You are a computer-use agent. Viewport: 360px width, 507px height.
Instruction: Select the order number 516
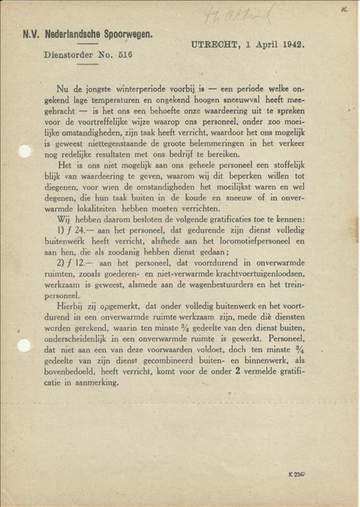[x=125, y=54]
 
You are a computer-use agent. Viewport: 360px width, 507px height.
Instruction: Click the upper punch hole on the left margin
[x=25, y=151]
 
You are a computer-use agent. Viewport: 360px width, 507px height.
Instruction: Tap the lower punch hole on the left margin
[x=24, y=346]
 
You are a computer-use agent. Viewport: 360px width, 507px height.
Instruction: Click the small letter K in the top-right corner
[x=345, y=9]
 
